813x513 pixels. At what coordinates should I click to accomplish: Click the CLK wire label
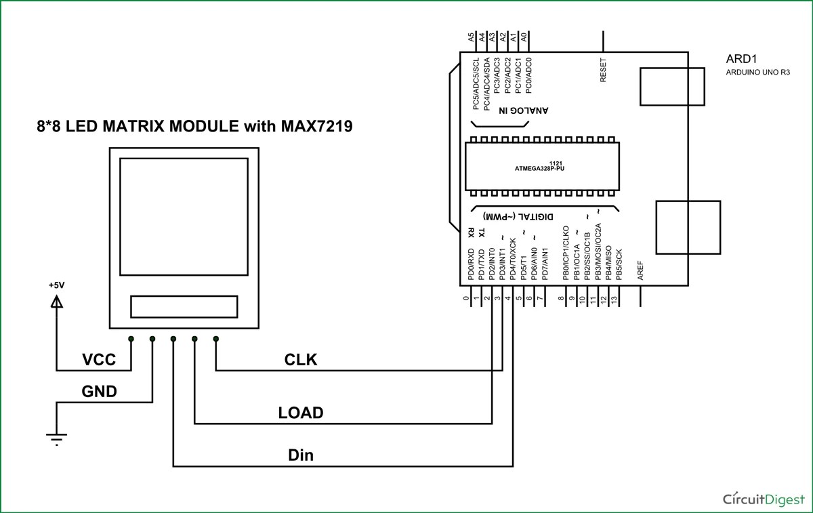(x=301, y=360)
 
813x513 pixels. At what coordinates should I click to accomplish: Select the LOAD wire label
(x=301, y=413)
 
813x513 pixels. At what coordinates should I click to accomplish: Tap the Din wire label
(x=301, y=455)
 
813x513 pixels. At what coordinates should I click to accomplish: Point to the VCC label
(x=98, y=360)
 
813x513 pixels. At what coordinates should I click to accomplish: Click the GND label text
(x=99, y=392)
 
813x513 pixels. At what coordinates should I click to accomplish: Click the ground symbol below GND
(x=57, y=438)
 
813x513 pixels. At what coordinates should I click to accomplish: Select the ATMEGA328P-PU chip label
(x=540, y=169)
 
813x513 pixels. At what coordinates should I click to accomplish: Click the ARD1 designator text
(x=740, y=58)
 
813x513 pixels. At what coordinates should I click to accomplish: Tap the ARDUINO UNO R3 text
(x=757, y=71)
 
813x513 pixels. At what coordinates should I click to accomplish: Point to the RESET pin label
(x=604, y=70)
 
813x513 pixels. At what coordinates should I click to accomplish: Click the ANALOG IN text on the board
(x=524, y=110)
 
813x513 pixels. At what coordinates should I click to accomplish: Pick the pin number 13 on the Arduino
(x=614, y=299)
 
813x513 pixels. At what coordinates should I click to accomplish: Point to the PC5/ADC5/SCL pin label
(x=476, y=84)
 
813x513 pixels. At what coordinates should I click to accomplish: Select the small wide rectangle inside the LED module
(x=184, y=306)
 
